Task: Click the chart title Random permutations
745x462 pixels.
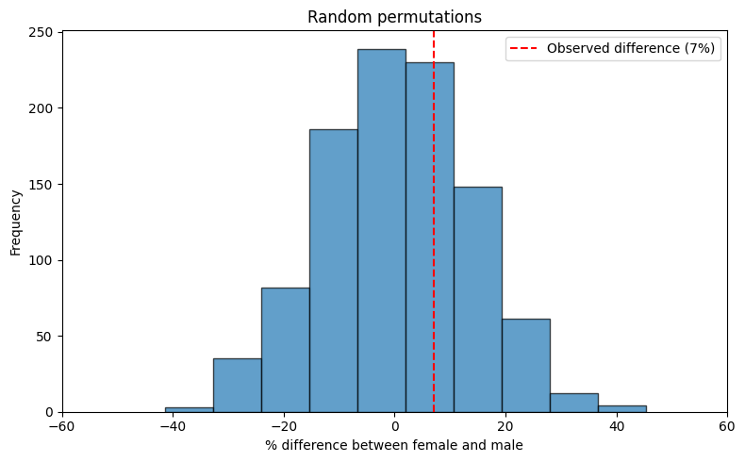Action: coord(395,17)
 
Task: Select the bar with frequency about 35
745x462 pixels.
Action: coord(237,386)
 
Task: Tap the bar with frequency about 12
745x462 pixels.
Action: coord(573,403)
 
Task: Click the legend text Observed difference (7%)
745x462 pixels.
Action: coord(631,49)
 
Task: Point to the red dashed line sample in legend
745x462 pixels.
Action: coord(525,49)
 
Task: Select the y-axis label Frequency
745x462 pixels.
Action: coord(16,222)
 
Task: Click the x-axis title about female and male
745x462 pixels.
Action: coord(394,445)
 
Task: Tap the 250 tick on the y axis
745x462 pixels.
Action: coord(44,31)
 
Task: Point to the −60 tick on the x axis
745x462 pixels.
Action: coord(62,425)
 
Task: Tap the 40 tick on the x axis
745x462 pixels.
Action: coord(616,425)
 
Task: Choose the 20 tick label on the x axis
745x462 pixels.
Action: coord(505,425)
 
